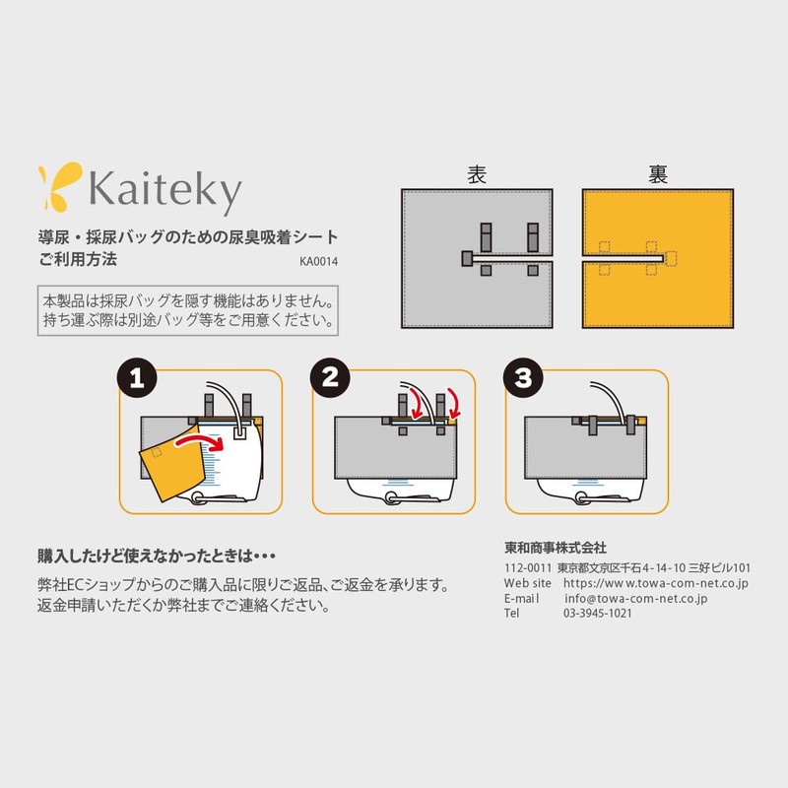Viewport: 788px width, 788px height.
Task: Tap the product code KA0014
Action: point(319,262)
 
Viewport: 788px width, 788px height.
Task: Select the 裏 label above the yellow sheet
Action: point(657,174)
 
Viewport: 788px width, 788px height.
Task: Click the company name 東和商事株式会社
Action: point(555,548)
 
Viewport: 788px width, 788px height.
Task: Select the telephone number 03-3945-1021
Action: point(598,613)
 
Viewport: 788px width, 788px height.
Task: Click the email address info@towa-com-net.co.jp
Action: point(636,598)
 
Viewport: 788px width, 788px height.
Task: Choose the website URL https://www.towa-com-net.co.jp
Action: point(656,583)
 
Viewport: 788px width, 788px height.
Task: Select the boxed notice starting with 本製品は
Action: point(188,309)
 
